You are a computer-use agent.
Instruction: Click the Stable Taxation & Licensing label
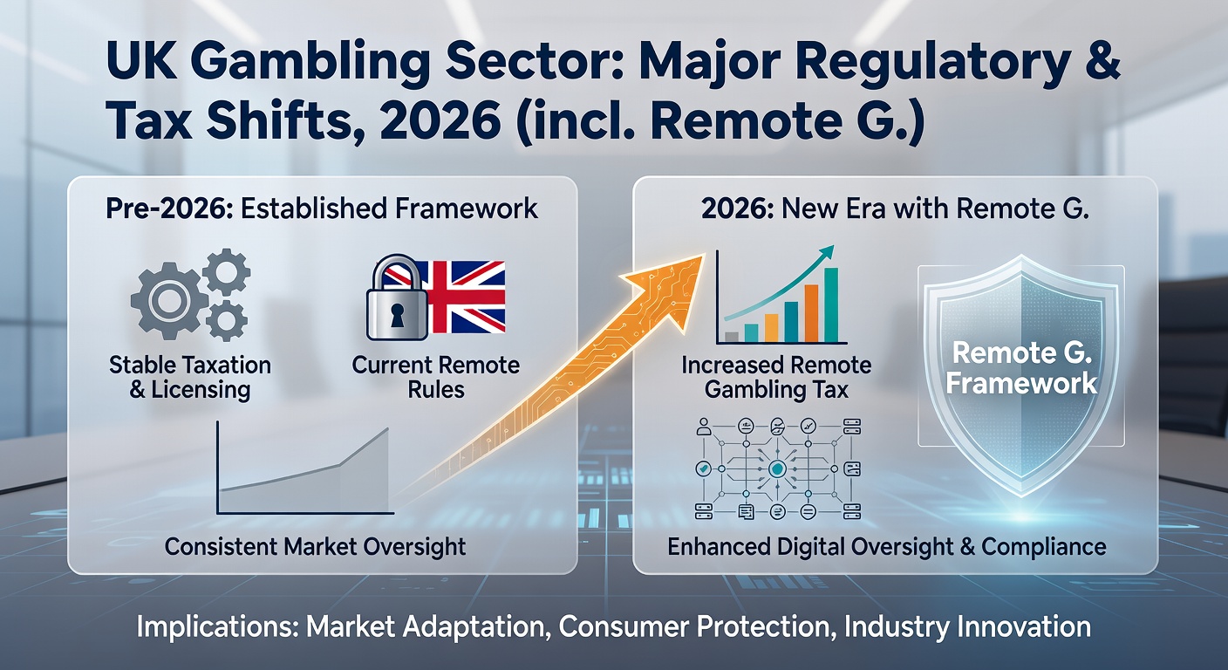coord(190,377)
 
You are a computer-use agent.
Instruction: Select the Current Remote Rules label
coord(435,377)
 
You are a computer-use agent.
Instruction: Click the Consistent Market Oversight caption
coord(315,547)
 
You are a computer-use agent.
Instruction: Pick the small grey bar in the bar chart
coord(732,336)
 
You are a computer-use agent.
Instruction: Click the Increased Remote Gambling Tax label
coord(776,377)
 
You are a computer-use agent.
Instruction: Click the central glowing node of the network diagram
coord(776,468)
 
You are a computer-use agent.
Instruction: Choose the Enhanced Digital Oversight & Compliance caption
coord(886,547)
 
